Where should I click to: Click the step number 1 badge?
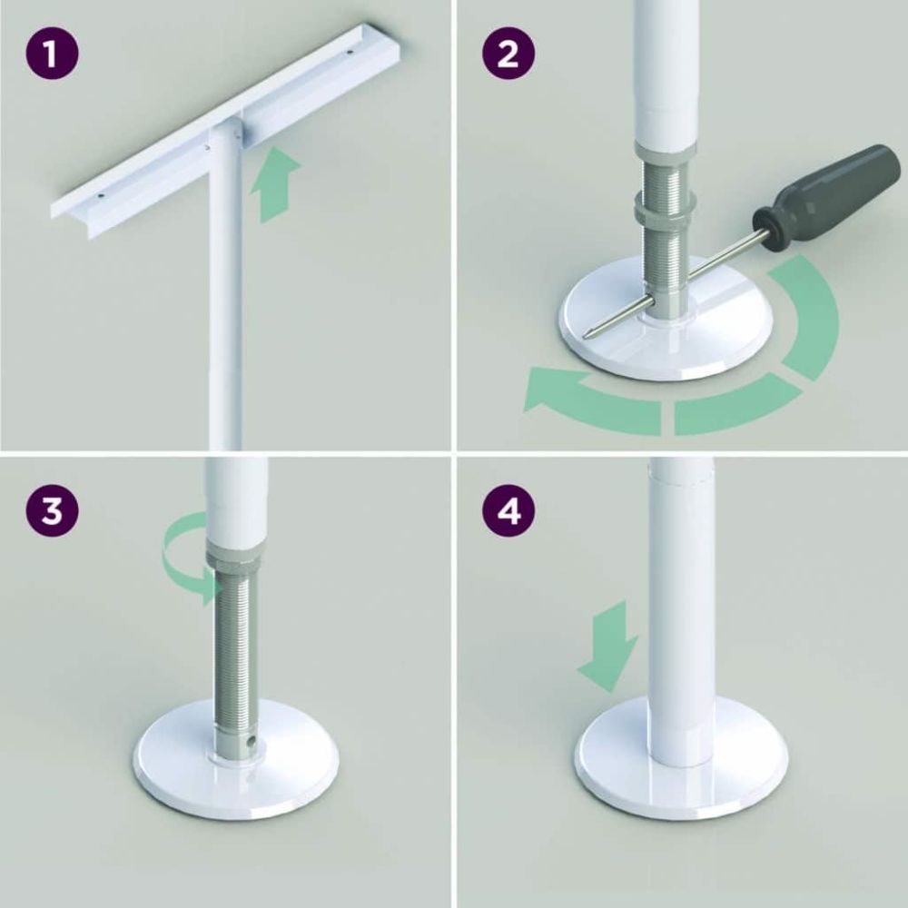52,54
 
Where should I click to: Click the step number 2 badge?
508,54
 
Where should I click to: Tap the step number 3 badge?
52,509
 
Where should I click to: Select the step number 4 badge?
508,509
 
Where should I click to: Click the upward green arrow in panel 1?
274,184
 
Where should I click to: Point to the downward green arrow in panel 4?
609,646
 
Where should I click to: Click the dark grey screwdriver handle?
827,186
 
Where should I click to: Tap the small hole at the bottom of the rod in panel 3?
251,741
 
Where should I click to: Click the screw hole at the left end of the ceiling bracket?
101,196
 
